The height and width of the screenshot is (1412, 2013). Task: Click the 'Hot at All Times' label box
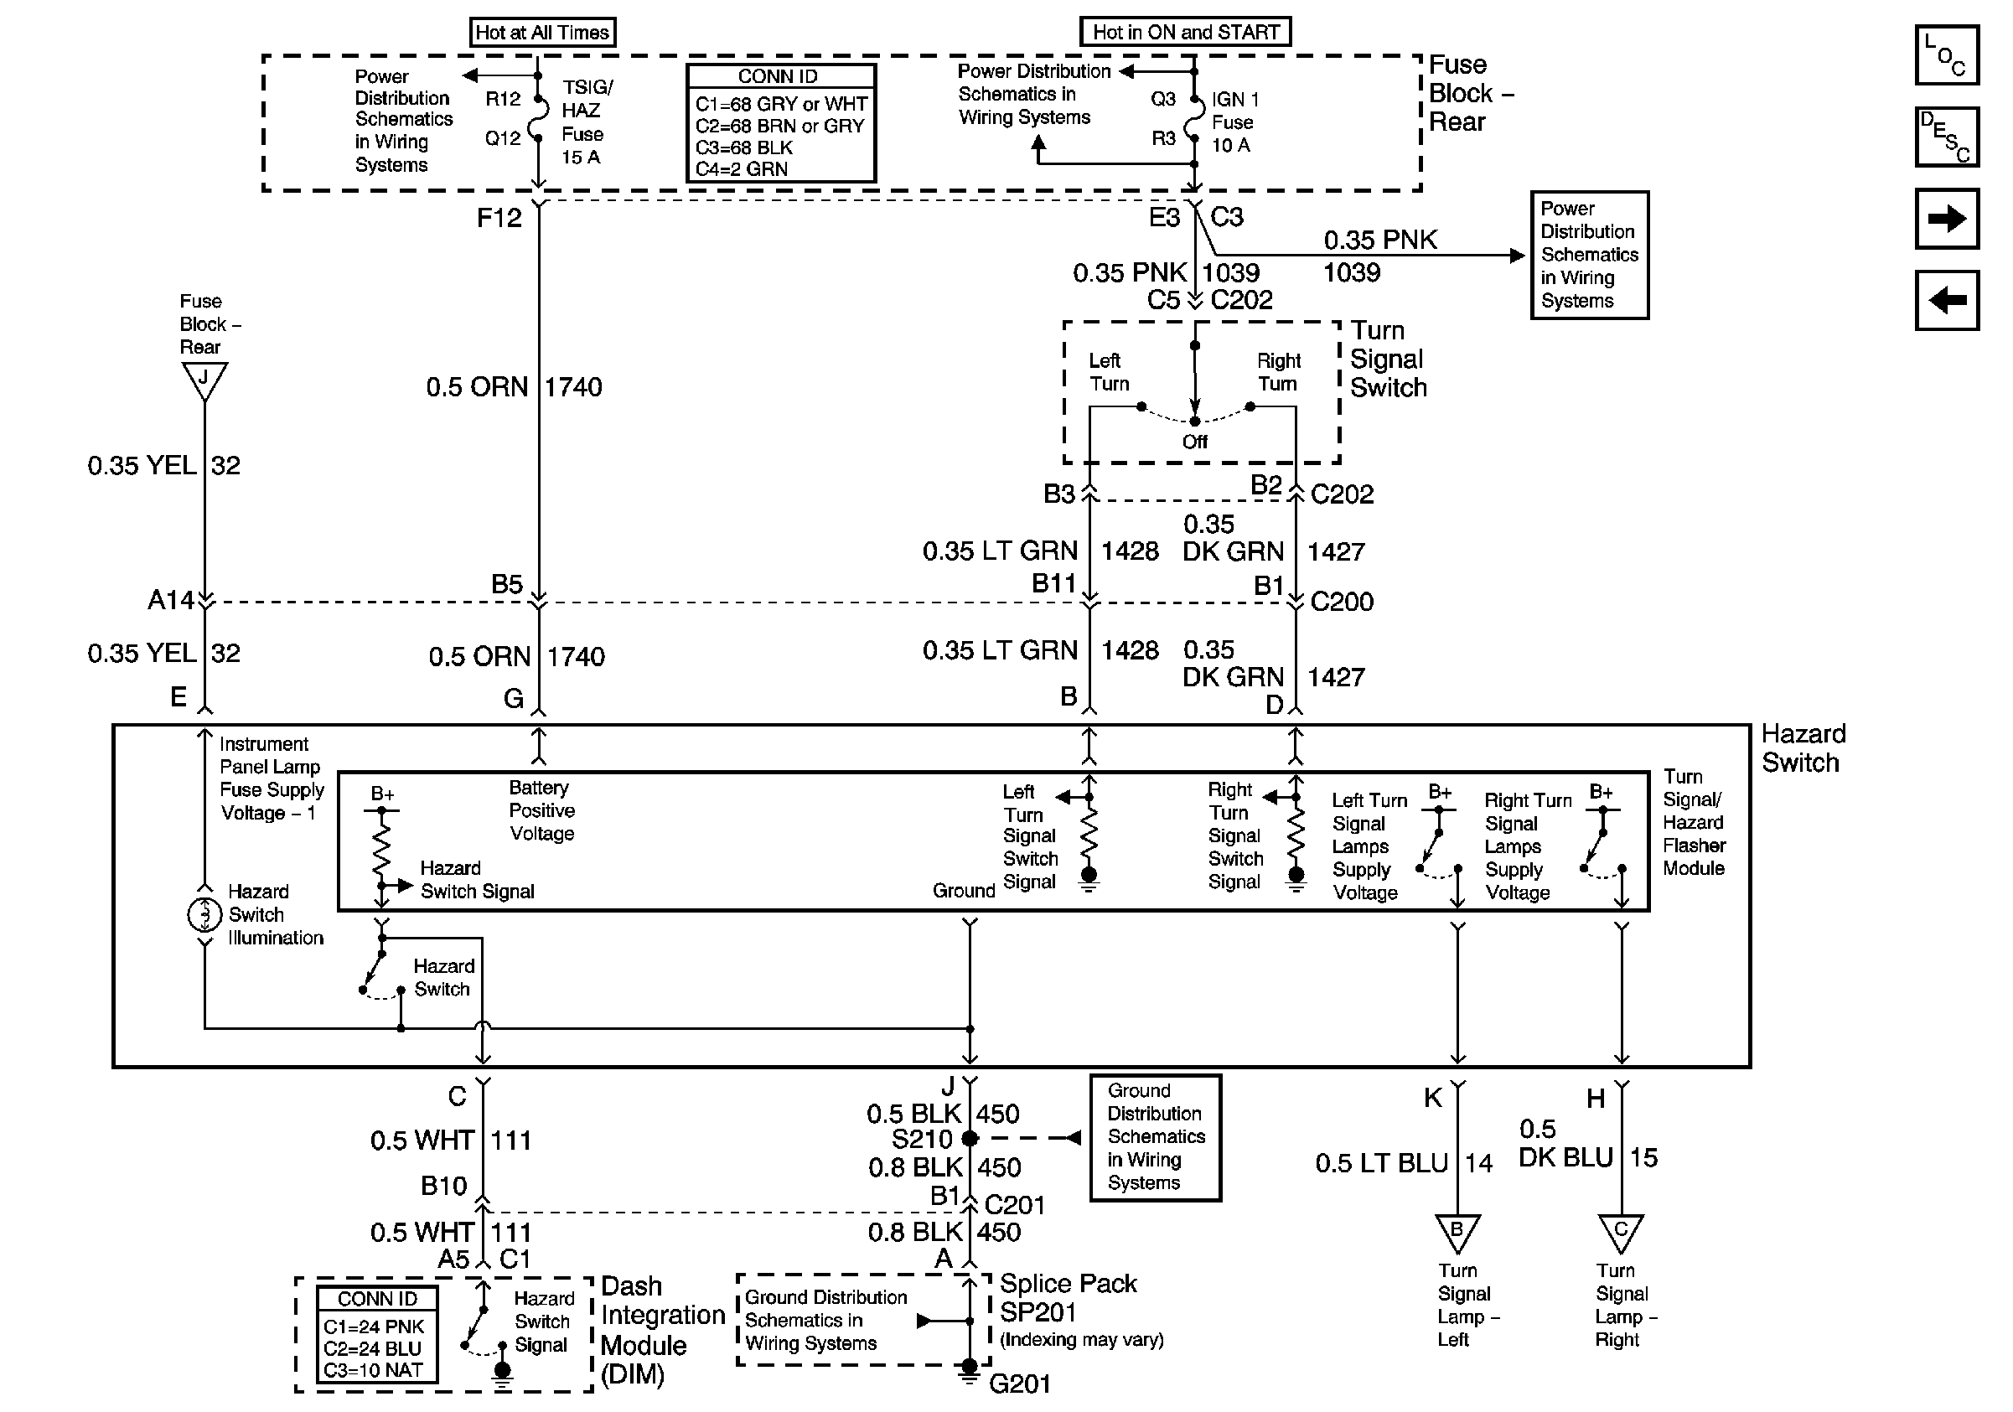click(x=542, y=33)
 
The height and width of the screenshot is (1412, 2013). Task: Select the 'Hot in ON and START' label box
click(x=1185, y=33)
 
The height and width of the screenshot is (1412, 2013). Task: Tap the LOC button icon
click(x=1946, y=55)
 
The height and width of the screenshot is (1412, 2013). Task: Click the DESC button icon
click(x=1946, y=137)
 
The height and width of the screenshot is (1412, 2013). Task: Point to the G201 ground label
click(x=1020, y=1383)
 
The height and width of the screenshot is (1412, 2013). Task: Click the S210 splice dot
click(x=970, y=1139)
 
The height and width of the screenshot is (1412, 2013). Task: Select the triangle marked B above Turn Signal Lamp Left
click(x=1457, y=1230)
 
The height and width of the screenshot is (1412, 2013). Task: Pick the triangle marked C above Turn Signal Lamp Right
click(x=1620, y=1230)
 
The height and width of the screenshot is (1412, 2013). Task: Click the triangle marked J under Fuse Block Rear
click(x=204, y=380)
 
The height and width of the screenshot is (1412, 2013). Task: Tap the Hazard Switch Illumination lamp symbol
click(x=204, y=915)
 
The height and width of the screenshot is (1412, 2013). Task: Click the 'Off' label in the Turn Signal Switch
click(x=1194, y=442)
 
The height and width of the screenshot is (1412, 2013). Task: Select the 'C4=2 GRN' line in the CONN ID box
click(x=742, y=169)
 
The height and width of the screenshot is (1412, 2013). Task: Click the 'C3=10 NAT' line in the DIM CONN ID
click(x=374, y=1370)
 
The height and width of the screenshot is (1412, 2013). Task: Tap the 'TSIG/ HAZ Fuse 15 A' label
click(x=586, y=122)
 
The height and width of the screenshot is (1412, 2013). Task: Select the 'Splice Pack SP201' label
click(x=1067, y=1297)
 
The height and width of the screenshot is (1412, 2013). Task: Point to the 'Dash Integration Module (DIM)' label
click(x=662, y=1330)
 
